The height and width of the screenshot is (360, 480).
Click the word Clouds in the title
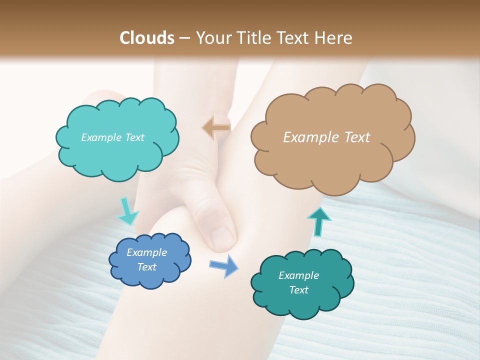tap(147, 37)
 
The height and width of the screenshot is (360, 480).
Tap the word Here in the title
tap(334, 37)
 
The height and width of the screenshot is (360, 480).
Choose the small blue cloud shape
tap(148, 260)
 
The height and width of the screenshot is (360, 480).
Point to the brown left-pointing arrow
tap(216, 127)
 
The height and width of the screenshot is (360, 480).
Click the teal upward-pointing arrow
tap(318, 221)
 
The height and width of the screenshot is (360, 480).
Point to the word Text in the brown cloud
tap(357, 137)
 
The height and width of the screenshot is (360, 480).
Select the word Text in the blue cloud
tap(147, 267)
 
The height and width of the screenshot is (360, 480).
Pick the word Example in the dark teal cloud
tap(298, 275)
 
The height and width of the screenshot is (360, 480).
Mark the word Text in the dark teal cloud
tap(298, 290)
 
